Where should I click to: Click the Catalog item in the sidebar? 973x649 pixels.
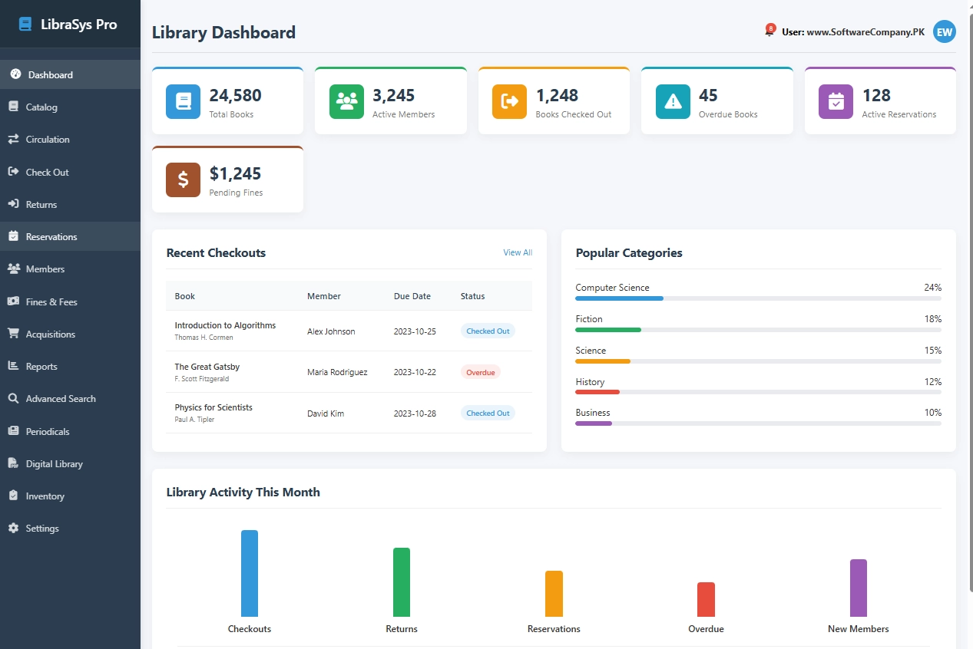click(41, 107)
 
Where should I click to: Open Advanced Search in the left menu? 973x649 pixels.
click(61, 399)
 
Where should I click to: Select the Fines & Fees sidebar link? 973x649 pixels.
click(51, 302)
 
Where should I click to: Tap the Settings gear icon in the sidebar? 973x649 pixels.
click(13, 529)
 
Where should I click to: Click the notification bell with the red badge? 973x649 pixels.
click(769, 31)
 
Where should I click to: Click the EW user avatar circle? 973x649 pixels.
click(944, 32)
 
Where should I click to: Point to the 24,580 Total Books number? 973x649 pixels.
click(235, 96)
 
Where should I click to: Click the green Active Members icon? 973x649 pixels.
click(346, 101)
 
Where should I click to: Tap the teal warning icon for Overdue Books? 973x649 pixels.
click(673, 101)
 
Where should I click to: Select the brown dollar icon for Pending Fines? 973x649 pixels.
click(183, 180)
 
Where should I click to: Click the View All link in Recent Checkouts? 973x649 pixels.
click(517, 252)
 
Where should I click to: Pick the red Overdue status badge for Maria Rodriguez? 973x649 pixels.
click(480, 372)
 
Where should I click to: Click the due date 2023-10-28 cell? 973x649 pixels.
click(415, 413)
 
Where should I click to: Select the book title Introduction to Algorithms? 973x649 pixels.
click(225, 325)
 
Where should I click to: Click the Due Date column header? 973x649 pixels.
click(412, 296)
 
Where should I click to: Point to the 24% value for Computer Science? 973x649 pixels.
click(932, 288)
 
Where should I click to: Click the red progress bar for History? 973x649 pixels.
click(597, 392)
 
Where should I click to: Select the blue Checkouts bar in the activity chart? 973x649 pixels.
click(250, 573)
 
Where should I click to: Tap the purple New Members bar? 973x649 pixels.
click(858, 588)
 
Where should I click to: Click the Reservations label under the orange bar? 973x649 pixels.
click(554, 629)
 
